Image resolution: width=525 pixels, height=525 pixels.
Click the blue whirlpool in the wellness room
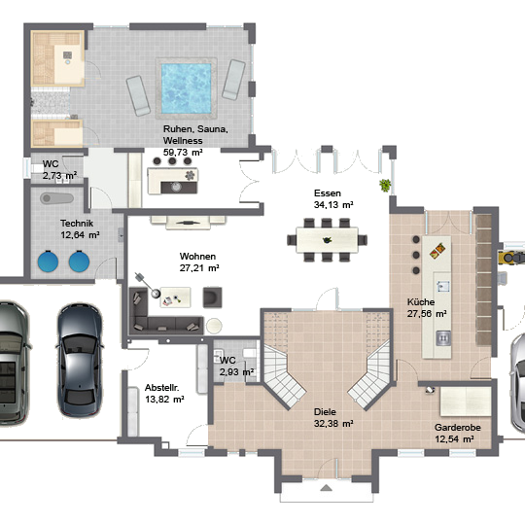coord(186,88)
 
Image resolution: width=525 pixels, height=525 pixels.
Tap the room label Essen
coord(328,193)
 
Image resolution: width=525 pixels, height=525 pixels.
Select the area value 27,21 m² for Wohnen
coord(199,268)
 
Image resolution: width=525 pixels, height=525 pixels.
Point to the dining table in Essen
coord(327,240)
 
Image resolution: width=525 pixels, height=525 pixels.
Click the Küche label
coord(421,302)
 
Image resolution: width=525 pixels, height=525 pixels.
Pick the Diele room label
coord(325,412)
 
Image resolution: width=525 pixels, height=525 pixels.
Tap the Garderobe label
coord(457,427)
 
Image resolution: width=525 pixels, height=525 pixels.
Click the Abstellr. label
coord(161,388)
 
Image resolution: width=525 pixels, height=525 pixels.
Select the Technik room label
coord(77,224)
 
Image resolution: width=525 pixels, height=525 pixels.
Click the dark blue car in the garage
coord(80,361)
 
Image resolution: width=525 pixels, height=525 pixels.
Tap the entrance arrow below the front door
coord(326,487)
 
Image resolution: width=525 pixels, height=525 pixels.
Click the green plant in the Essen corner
coord(385,185)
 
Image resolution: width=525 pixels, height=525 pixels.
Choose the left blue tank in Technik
coord(48,262)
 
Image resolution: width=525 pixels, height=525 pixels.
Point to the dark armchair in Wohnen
coord(212,297)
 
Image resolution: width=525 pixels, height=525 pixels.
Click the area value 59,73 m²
coord(183,152)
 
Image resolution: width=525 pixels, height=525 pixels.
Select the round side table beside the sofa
coord(214,326)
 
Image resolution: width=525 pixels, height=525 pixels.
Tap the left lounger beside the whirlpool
coord(138,95)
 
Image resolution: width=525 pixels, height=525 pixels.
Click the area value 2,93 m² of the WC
coord(236,372)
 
